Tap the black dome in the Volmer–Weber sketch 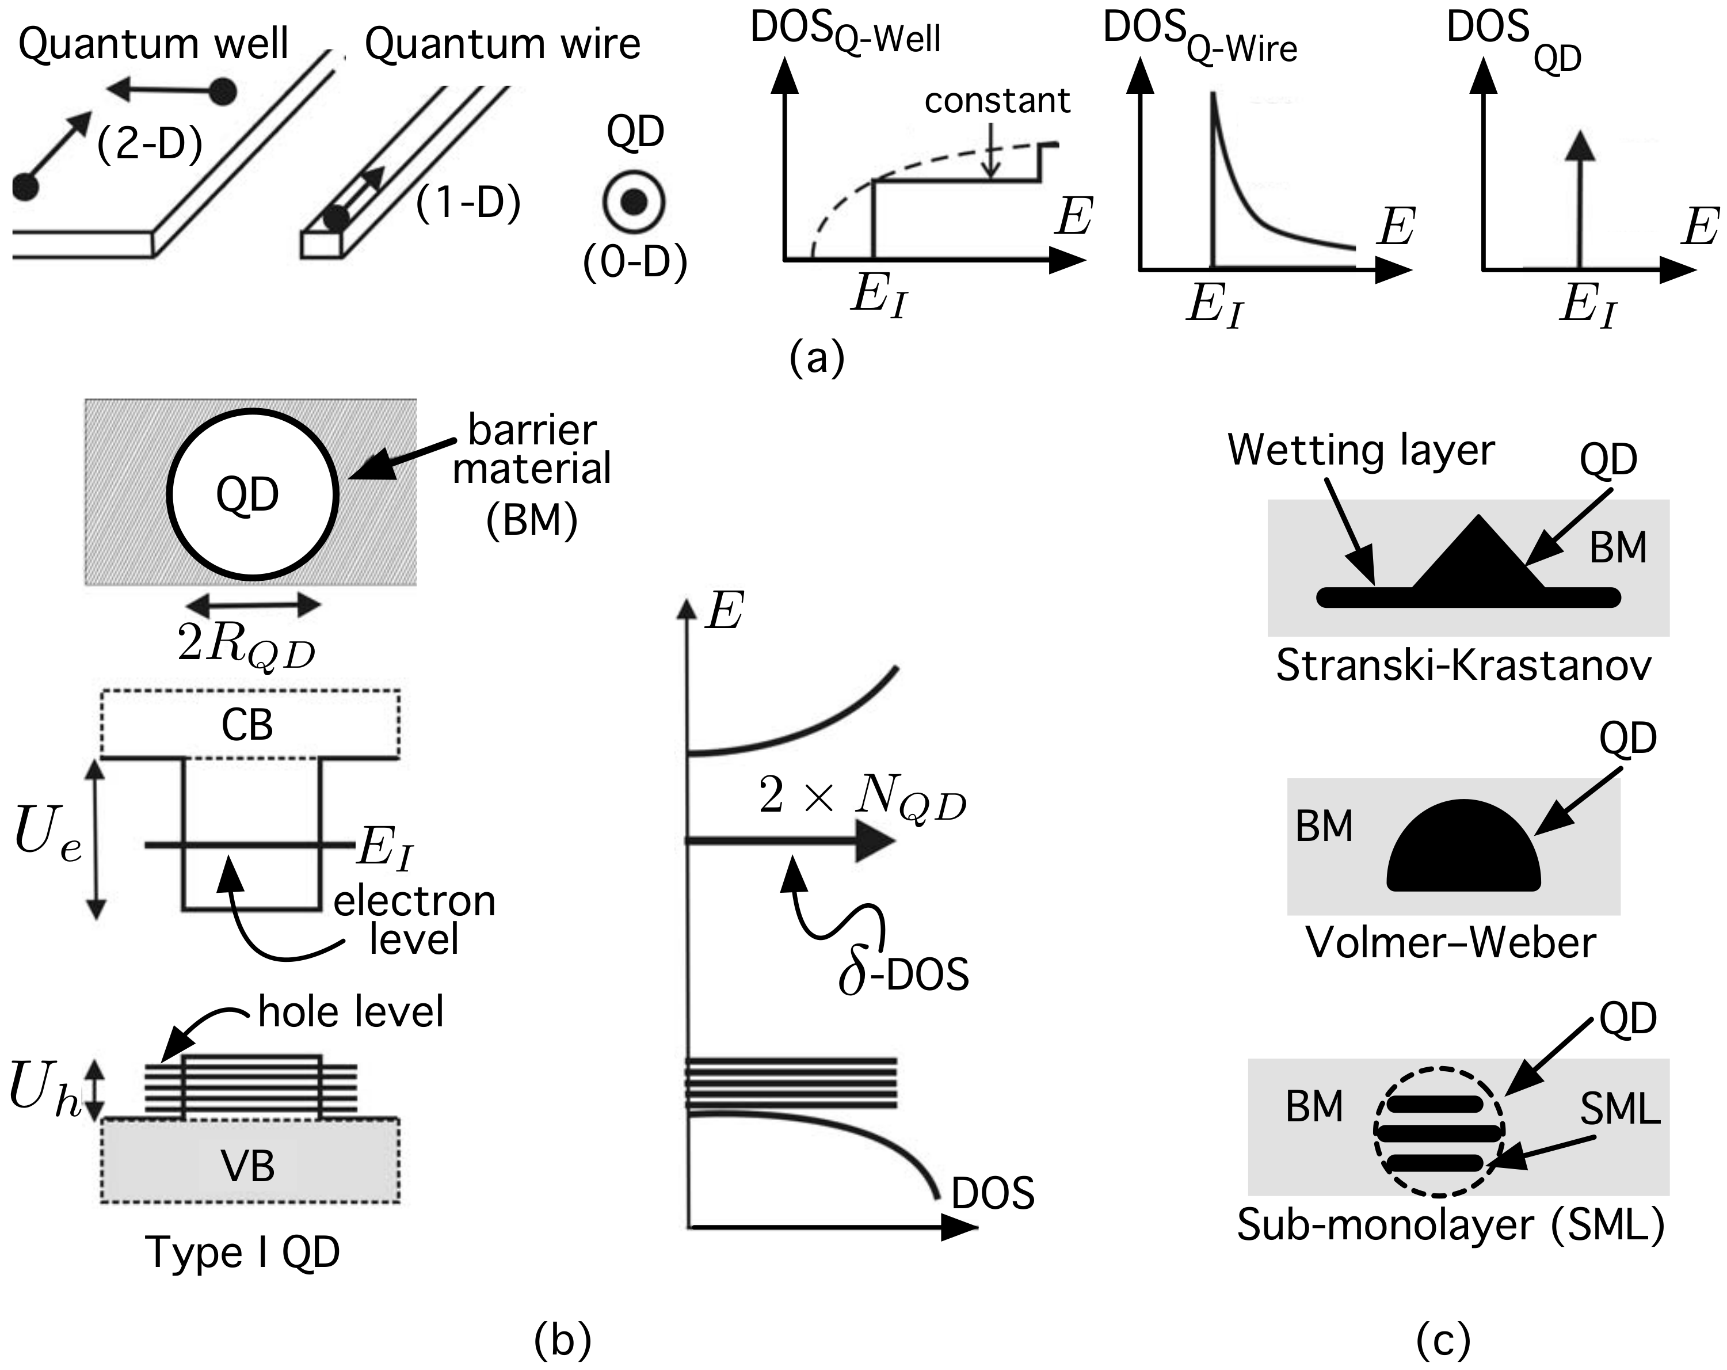click(1463, 851)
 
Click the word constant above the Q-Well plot click(997, 101)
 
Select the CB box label click(247, 726)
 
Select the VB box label click(247, 1166)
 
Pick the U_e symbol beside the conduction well click(48, 836)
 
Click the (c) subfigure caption click(1443, 1339)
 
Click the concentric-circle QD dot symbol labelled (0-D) click(634, 202)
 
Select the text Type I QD click(242, 1252)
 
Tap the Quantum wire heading click(502, 44)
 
